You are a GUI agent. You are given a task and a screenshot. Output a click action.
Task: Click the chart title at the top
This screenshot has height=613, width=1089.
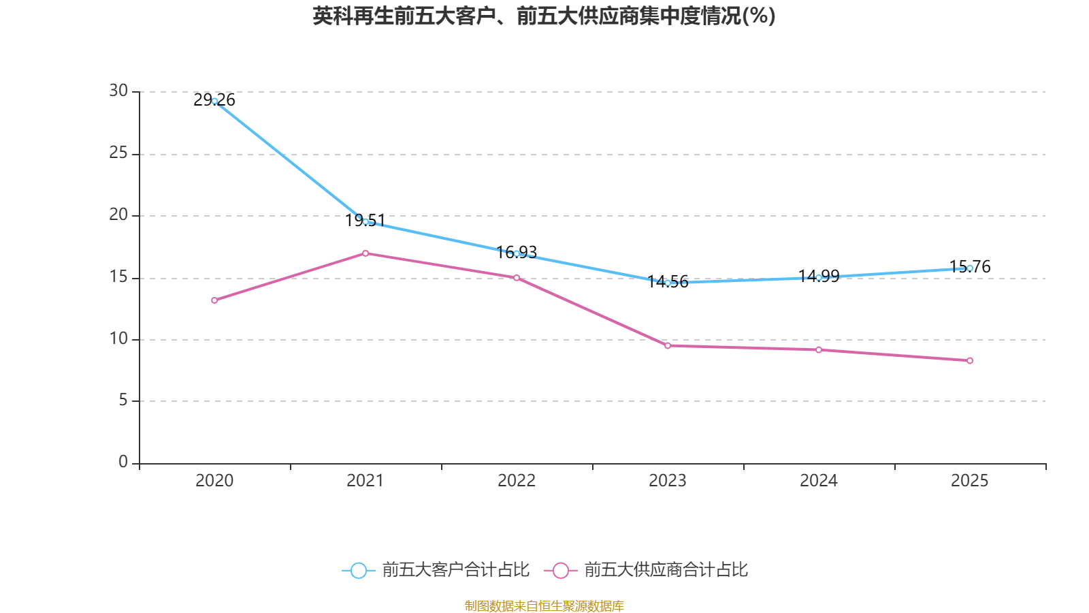pos(544,16)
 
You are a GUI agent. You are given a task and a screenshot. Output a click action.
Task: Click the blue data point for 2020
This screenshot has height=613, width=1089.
pos(214,101)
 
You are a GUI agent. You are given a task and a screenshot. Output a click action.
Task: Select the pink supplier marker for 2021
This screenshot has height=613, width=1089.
pos(365,253)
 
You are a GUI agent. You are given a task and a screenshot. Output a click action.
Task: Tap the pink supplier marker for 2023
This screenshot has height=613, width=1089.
pos(668,346)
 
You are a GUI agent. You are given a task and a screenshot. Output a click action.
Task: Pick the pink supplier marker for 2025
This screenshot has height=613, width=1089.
pos(970,360)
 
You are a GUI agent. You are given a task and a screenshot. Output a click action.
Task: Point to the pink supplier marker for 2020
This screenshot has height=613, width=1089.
pos(214,300)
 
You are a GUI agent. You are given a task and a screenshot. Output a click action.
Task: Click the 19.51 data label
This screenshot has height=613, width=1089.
pos(365,221)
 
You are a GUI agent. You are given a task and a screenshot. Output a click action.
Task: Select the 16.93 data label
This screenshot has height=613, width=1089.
pos(517,253)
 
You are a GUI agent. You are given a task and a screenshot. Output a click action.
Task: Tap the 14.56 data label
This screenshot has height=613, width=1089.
pos(668,282)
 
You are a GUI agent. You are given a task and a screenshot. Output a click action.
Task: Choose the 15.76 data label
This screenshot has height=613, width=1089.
pos(970,266)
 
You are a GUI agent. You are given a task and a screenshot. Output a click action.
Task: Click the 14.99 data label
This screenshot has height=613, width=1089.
pos(819,277)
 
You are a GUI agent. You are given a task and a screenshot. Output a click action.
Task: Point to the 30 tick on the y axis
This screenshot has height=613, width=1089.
pos(118,91)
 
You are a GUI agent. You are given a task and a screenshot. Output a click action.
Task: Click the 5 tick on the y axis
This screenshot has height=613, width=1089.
pos(123,400)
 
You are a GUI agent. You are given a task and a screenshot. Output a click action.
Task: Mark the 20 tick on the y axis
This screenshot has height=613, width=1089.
pos(118,215)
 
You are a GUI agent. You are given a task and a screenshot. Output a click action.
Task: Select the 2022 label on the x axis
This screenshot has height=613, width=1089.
pos(517,481)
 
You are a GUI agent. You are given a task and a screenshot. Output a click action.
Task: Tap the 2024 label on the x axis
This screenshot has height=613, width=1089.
pos(819,481)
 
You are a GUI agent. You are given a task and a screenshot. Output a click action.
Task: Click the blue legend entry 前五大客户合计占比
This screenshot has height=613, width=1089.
pos(436,569)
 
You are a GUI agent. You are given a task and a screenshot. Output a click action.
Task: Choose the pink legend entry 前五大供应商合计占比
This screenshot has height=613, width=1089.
pos(646,569)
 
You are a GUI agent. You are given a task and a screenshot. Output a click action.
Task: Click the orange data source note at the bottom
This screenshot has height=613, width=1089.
pos(544,606)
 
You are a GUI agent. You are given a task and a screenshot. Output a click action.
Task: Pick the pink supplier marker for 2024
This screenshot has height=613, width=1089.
pos(819,350)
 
